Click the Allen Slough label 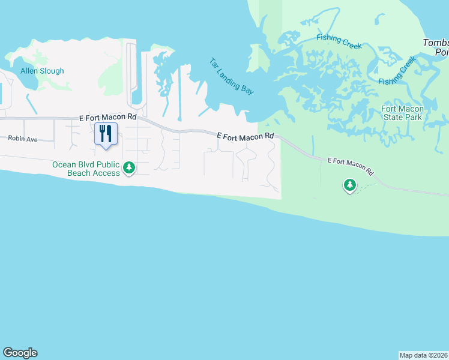42,71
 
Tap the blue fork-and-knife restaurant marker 106,134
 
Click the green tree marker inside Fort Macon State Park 349,185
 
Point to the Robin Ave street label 23,139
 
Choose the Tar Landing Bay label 232,76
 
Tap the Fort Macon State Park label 403,113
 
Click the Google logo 20,353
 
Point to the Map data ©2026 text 424,355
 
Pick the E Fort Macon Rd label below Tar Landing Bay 245,137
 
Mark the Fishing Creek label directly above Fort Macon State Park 397,71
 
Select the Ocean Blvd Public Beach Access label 86,169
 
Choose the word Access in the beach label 108,173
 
